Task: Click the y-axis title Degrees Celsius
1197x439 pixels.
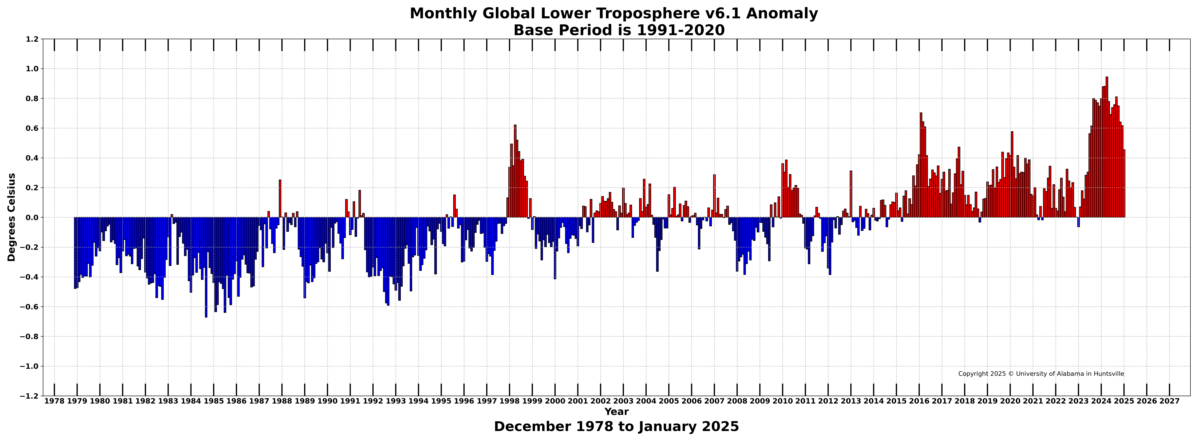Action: pos(12,217)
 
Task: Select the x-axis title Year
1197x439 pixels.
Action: pos(617,412)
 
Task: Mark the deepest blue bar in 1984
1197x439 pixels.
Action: pos(206,267)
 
